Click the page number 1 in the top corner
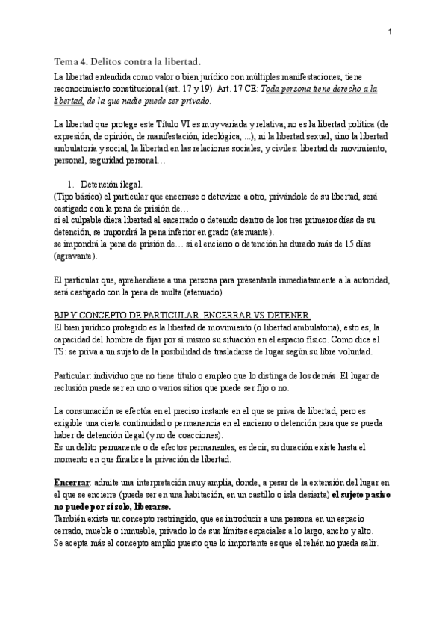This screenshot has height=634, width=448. pos(390,32)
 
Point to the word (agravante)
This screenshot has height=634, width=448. pos(75,256)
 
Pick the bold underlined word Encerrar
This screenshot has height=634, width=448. pos(72,483)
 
